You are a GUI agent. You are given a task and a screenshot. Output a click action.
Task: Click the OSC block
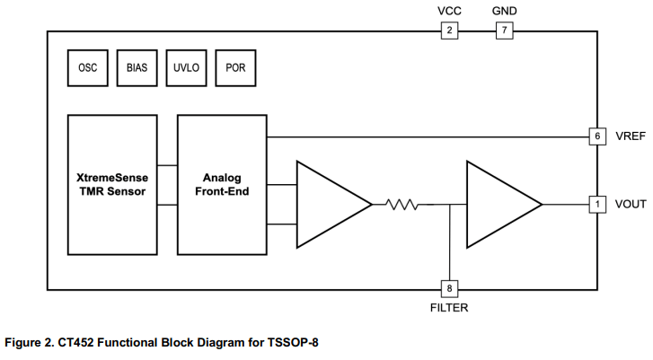tap(88, 67)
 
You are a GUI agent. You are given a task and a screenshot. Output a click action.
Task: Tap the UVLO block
tap(186, 67)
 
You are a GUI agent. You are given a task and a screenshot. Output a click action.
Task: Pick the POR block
tap(235, 67)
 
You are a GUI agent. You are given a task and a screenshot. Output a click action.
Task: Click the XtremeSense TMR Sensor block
tap(112, 185)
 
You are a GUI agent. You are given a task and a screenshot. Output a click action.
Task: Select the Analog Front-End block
tap(221, 185)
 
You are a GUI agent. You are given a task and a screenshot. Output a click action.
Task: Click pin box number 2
tap(449, 31)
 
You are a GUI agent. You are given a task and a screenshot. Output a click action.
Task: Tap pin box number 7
tap(505, 31)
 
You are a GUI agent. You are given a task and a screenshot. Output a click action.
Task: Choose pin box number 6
tap(596, 136)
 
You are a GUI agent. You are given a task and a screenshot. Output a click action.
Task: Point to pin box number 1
tap(596, 205)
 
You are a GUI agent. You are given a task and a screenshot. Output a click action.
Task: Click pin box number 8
tap(449, 288)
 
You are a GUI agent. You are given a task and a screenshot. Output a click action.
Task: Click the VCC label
tap(449, 11)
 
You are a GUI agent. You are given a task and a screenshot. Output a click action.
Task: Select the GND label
tap(505, 11)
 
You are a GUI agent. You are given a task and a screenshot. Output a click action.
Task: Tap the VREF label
tap(630, 136)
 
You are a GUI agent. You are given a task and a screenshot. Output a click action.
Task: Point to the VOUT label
tap(631, 205)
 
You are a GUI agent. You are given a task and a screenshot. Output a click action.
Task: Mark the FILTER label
tap(449, 308)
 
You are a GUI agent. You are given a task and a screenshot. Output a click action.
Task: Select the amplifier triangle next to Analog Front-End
tap(329, 205)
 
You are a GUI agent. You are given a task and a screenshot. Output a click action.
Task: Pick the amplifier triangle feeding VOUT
tap(499, 205)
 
